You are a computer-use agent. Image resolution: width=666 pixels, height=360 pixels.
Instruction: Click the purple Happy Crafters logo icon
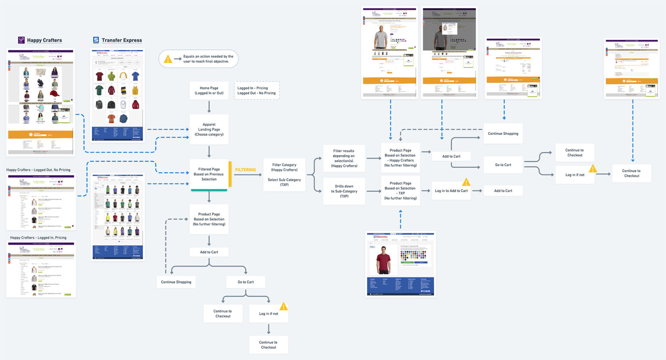[x=21, y=40]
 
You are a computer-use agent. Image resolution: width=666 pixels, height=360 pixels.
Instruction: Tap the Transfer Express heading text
[x=121, y=40]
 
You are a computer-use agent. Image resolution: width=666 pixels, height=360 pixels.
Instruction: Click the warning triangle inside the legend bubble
[x=168, y=59]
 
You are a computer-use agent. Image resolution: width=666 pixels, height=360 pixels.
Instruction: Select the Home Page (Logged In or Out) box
[x=209, y=91]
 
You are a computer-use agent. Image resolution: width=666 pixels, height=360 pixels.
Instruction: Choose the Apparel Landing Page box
[x=209, y=129]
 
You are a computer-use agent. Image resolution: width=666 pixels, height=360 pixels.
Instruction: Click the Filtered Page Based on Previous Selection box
[x=209, y=174]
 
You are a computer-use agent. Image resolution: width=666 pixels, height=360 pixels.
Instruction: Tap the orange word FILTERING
[x=245, y=170]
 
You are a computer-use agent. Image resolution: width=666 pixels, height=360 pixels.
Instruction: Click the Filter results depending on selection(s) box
[x=344, y=158]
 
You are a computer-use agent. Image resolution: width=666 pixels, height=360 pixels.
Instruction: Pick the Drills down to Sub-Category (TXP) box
[x=344, y=191]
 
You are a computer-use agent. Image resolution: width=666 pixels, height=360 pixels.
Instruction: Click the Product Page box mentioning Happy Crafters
[x=400, y=158]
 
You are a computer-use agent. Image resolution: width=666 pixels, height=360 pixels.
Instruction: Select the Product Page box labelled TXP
[x=400, y=191]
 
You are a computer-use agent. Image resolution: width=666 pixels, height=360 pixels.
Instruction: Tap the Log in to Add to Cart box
[x=451, y=191]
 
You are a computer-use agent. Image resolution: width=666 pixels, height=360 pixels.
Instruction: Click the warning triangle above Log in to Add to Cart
[x=466, y=182]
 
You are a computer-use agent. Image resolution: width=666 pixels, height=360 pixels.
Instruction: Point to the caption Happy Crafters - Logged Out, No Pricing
[x=38, y=170]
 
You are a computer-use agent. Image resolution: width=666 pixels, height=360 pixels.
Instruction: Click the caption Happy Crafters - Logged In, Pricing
[x=38, y=238]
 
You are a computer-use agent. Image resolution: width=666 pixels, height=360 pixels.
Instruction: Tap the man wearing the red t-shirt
[x=383, y=259]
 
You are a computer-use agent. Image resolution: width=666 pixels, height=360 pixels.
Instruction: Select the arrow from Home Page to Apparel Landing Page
[x=209, y=107]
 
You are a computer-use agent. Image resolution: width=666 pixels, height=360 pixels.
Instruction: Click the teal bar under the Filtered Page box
[x=209, y=190]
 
